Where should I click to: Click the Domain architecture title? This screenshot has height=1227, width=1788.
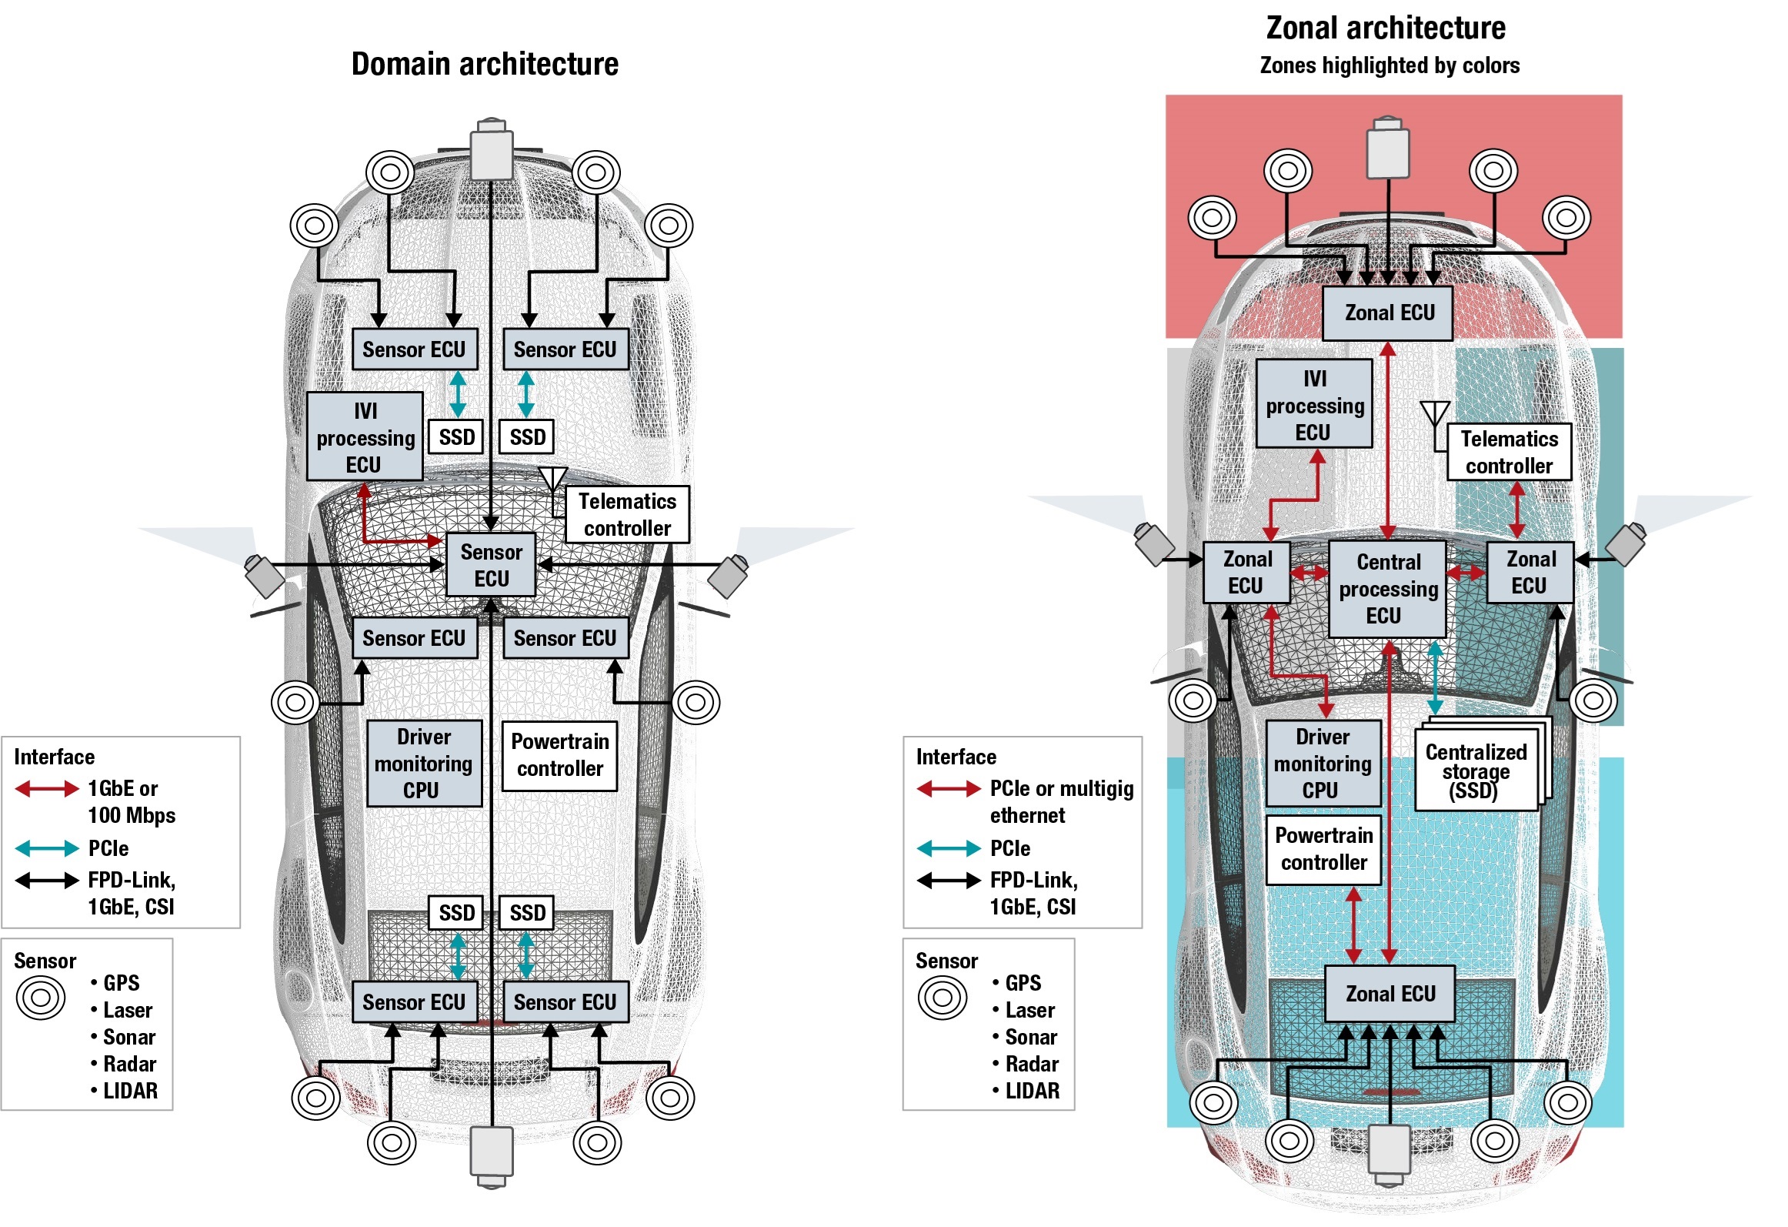pyautogui.click(x=485, y=64)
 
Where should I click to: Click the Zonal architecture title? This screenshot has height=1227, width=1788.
pyautogui.click(x=1386, y=28)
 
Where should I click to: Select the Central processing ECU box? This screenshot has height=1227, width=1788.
pyautogui.click(x=1387, y=589)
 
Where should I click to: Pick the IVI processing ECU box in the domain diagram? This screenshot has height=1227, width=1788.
pyautogui.click(x=365, y=436)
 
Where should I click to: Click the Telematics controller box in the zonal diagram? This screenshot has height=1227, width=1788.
pyautogui.click(x=1509, y=452)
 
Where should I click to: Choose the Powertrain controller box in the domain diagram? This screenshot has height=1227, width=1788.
pyautogui.click(x=559, y=755)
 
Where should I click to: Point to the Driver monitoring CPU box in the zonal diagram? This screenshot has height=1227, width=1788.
pyautogui.click(x=1323, y=763)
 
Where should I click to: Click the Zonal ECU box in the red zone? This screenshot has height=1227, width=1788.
pyautogui.click(x=1387, y=313)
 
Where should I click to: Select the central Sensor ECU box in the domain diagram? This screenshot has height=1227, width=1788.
pyautogui.click(x=491, y=564)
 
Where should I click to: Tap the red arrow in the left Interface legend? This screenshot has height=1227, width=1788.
pyautogui.click(x=47, y=788)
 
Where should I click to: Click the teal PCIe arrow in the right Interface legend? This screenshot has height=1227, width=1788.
pyautogui.click(x=949, y=848)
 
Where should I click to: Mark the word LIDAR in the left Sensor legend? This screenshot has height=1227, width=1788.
pyautogui.click(x=130, y=1091)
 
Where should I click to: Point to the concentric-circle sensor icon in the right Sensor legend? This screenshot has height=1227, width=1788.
pyautogui.click(x=942, y=998)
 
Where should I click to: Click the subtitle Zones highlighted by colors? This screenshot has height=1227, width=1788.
pyautogui.click(x=1389, y=65)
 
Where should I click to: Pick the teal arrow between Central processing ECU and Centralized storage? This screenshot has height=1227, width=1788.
pyautogui.click(x=1435, y=677)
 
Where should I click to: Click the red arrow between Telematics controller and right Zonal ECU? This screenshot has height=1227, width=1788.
pyautogui.click(x=1516, y=510)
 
